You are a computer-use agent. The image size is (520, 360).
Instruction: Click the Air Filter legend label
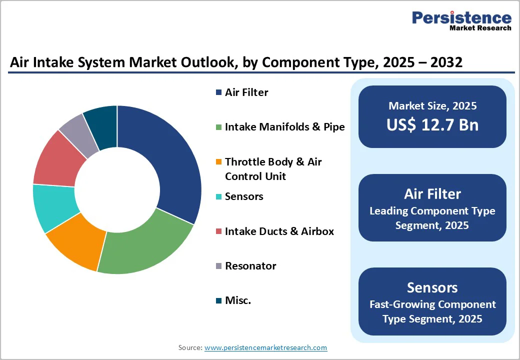click(x=246, y=92)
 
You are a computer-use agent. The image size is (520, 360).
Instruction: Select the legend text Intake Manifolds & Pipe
click(x=284, y=127)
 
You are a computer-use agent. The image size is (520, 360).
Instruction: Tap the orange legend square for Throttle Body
click(x=218, y=162)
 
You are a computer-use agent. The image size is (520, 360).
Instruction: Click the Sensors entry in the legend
click(x=244, y=196)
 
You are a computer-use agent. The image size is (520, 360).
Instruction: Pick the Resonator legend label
click(x=250, y=266)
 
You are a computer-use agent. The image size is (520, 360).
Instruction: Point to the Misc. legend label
click(x=238, y=300)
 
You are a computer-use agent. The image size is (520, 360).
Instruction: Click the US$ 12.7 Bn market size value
click(x=432, y=125)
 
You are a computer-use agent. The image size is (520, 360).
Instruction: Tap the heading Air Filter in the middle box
click(x=432, y=194)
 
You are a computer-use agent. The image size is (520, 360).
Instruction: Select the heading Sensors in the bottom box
click(x=432, y=287)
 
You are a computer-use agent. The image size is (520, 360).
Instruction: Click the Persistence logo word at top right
click(x=461, y=18)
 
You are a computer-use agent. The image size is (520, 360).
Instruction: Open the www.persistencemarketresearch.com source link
click(x=265, y=347)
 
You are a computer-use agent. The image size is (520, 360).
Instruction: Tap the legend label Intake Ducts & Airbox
click(x=279, y=231)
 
